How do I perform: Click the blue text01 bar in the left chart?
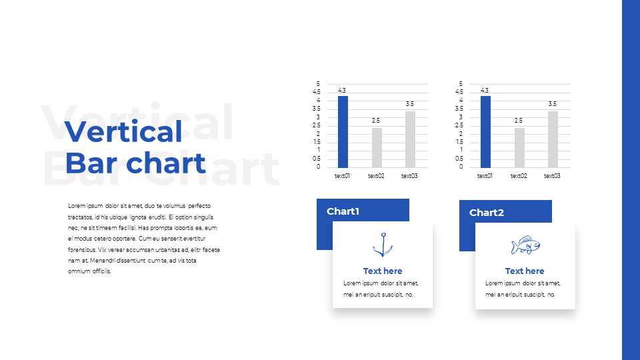tap(343, 132)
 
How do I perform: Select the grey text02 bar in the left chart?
tap(377, 148)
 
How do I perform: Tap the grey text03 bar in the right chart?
tap(553, 139)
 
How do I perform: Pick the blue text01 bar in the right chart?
tap(485, 132)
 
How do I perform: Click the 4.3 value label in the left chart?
tap(341, 90)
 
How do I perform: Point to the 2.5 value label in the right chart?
tap(519, 121)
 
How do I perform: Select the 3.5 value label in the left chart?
tap(410, 104)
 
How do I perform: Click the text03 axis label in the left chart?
tap(409, 176)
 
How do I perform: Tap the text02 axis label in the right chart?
tap(519, 176)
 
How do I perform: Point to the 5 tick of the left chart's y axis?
tap(319, 84)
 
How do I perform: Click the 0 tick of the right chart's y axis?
tap(461, 167)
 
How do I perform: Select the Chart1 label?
tap(343, 211)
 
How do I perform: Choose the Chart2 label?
tap(487, 212)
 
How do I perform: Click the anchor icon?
tap(383, 245)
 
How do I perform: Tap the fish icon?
tap(526, 245)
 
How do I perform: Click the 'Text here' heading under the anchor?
tap(383, 271)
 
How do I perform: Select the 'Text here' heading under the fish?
tap(525, 271)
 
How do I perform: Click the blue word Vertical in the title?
tap(123, 131)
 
